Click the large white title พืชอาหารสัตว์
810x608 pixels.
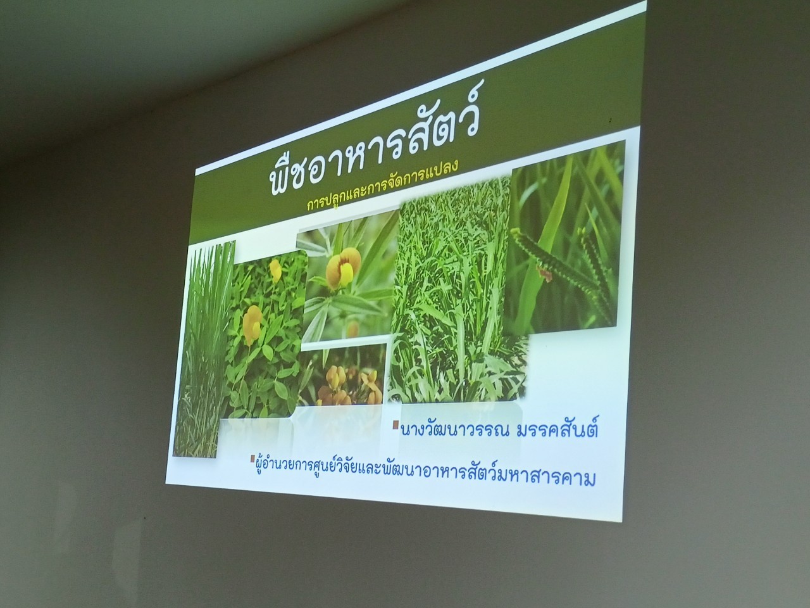pos(372,140)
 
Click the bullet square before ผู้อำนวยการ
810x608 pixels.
pos(252,459)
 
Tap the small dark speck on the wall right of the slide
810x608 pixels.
pos(610,120)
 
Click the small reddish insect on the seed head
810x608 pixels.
pos(545,272)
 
